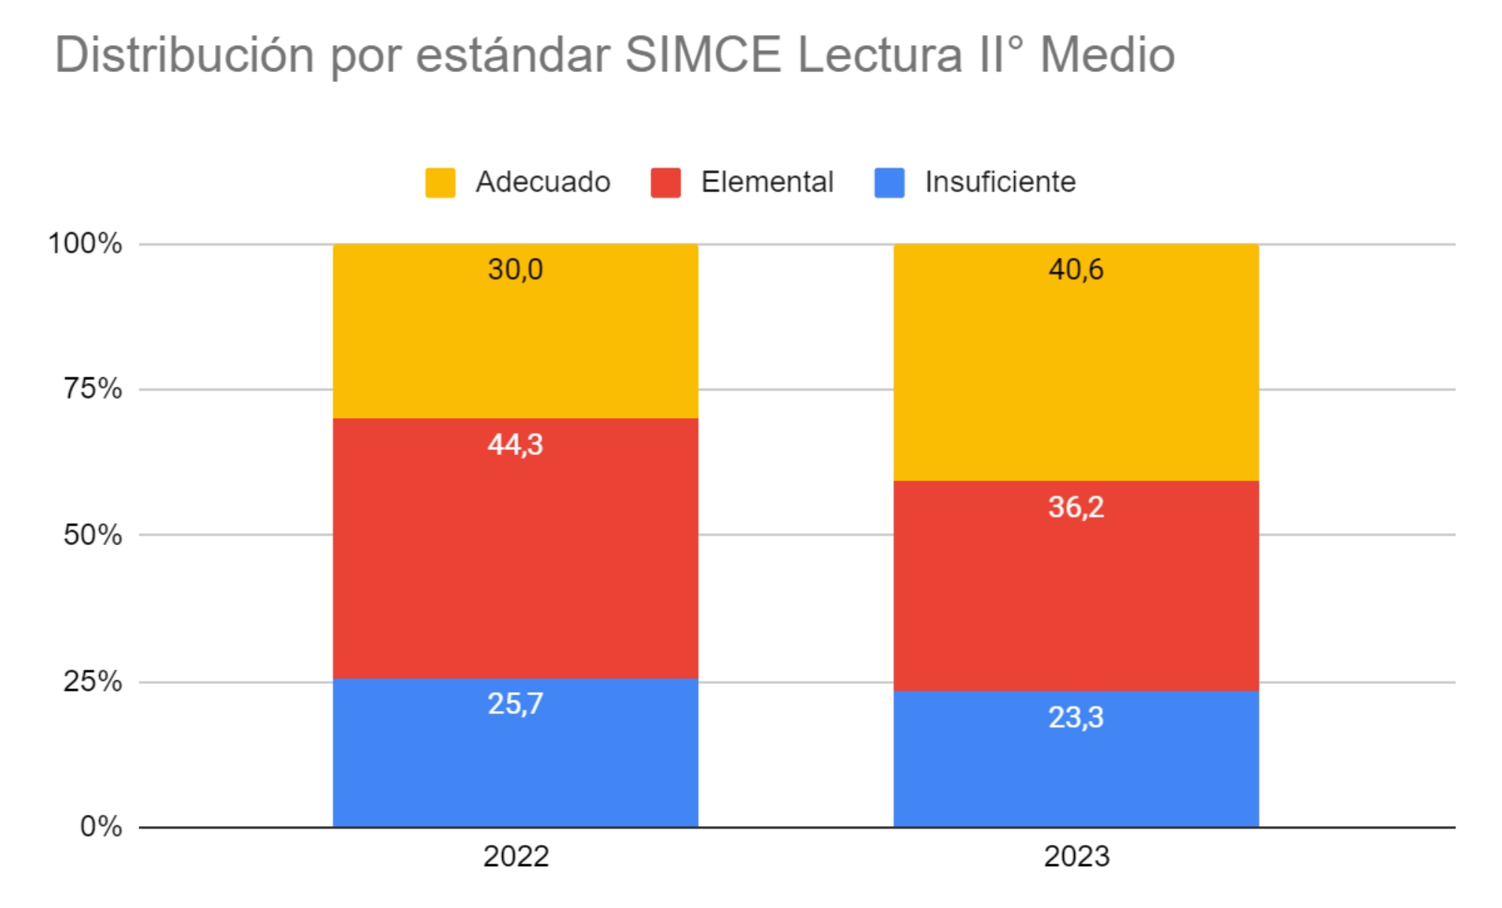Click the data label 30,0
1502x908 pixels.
(x=515, y=269)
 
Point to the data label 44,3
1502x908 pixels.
(x=515, y=444)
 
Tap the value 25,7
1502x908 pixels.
(x=515, y=704)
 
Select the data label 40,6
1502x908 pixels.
(x=1076, y=269)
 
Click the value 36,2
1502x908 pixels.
(x=1076, y=507)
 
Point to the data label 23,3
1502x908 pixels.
(x=1076, y=717)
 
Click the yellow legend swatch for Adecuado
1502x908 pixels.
(x=441, y=183)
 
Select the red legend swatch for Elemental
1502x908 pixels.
(x=665, y=183)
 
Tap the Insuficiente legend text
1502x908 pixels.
(x=1000, y=182)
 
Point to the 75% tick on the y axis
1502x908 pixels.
(x=92, y=389)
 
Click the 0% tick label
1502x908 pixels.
(x=101, y=826)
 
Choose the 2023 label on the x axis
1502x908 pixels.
(x=1077, y=856)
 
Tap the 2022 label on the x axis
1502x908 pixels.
(x=516, y=856)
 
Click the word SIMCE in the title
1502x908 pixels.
(x=703, y=55)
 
